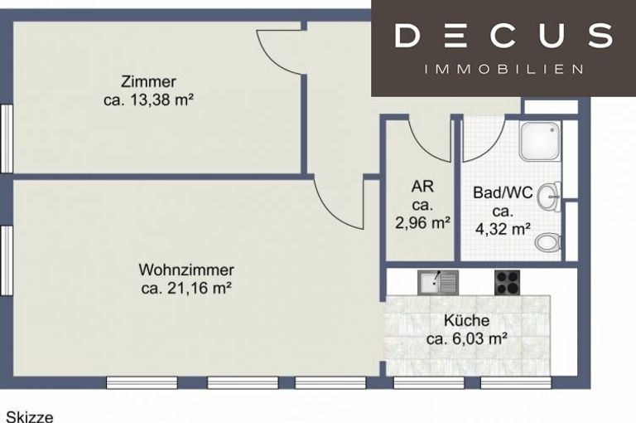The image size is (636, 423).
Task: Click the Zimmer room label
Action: coord(148,81)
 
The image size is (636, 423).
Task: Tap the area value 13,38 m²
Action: coord(161,100)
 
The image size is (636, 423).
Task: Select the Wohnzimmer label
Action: coord(186,270)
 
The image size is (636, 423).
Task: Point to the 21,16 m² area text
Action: coord(199,288)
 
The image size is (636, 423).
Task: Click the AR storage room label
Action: coord(422,186)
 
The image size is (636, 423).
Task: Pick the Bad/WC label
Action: coord(503,192)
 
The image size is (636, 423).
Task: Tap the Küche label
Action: coord(466,320)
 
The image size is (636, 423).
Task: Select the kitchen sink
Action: coord(438,282)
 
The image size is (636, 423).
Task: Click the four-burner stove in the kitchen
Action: coord(507,282)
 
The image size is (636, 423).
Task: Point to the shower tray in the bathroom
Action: coord(540,141)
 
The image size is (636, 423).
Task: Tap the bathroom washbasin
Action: coord(549,197)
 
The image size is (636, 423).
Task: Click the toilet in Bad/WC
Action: coord(548,243)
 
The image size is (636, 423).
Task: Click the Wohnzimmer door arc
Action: coord(328,214)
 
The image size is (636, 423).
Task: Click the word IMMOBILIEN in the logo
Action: coord(503,69)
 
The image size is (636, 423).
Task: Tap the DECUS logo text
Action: coord(503,36)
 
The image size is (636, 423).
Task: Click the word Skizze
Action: coord(30,417)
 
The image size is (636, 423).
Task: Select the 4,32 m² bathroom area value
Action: coord(503,229)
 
